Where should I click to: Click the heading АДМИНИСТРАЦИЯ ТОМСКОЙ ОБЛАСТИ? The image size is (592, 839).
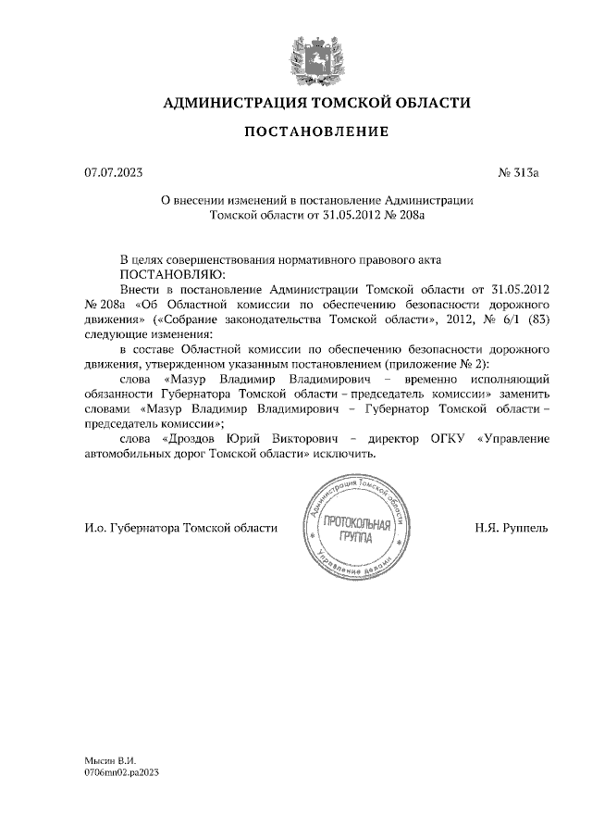[x=316, y=103]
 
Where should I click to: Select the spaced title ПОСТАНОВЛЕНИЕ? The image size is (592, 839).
[x=316, y=131]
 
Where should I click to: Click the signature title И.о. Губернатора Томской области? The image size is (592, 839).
[x=180, y=528]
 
